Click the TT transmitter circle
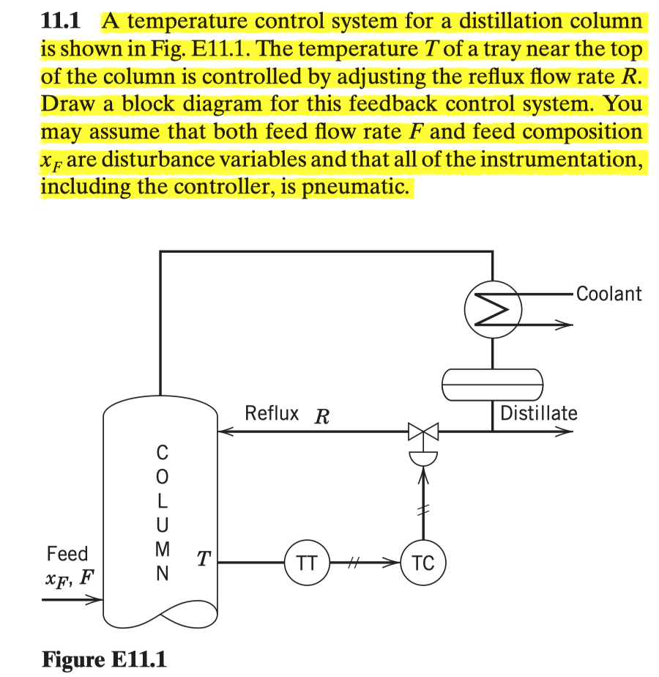pos(306,563)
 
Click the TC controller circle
pos(422,563)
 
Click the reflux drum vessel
pos(492,383)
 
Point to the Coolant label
pos(608,294)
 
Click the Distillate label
pos(538,413)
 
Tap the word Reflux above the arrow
pos(272,413)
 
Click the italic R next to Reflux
pos(320,417)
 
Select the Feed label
pos(67,553)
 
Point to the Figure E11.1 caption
pos(103,659)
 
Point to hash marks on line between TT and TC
pos(355,563)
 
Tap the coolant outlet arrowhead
pos(564,325)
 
